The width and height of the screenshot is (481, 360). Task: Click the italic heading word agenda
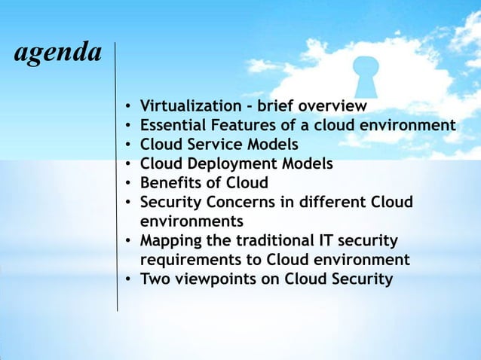[x=57, y=53]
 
